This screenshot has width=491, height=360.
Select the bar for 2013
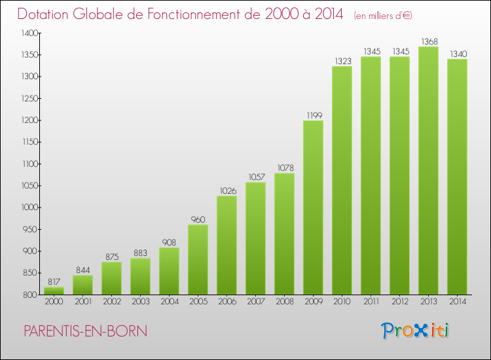428,170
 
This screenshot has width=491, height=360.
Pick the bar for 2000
54,290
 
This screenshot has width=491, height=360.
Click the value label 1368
428,41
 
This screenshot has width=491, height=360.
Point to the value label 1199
313,115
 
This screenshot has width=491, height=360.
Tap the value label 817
54,281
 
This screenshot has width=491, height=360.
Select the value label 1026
227,190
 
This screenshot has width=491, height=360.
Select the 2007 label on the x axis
255,302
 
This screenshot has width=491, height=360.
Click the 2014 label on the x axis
457,302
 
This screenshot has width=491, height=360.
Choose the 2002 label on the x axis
111,302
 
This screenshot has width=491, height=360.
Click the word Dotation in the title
45,14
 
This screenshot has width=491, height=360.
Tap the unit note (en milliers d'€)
383,15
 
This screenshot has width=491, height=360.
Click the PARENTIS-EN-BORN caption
85,331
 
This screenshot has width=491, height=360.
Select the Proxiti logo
415,331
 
